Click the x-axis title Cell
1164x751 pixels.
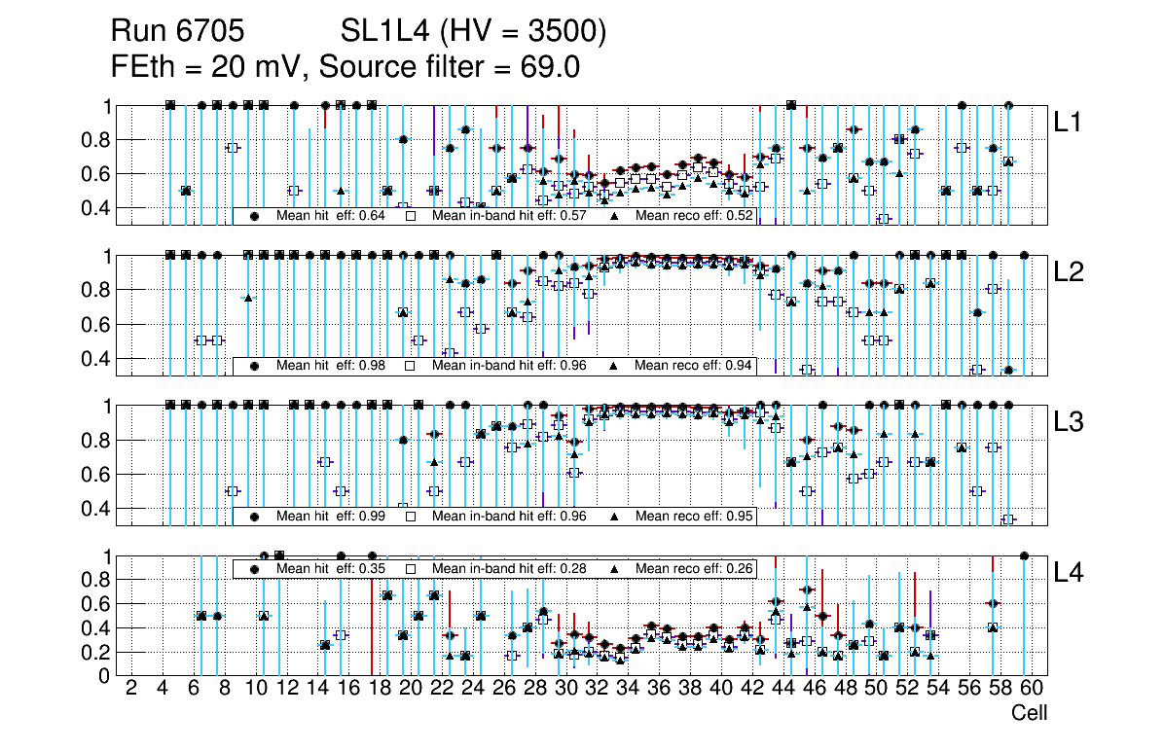1030,713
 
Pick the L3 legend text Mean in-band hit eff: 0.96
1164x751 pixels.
509,516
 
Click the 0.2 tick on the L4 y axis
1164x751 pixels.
93,652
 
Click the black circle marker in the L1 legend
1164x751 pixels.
255,216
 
